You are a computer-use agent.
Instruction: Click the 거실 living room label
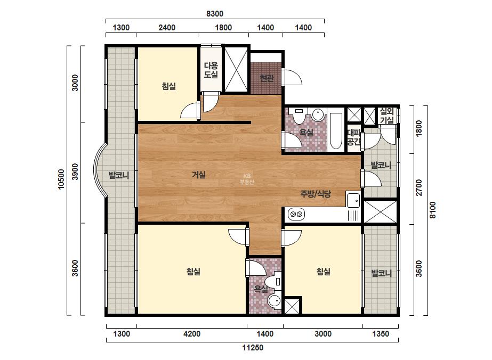click(x=199, y=174)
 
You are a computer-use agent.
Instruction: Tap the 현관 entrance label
click(x=267, y=78)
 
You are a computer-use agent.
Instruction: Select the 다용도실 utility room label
click(x=211, y=70)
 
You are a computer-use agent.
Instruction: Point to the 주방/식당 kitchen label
click(x=316, y=194)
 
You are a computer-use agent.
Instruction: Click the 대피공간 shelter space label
click(x=354, y=137)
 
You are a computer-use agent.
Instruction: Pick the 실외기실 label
click(x=386, y=116)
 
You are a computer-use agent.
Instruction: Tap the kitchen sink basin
click(x=353, y=200)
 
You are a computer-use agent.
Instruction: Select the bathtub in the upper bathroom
click(x=336, y=131)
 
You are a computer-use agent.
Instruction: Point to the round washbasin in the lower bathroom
click(x=274, y=301)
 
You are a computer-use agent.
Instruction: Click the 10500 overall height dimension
click(x=61, y=179)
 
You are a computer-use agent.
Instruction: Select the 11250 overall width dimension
click(x=253, y=347)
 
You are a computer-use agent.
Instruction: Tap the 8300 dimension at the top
click(x=215, y=14)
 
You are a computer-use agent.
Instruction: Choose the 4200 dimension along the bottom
click(x=192, y=334)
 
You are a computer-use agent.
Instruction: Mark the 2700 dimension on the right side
click(x=418, y=188)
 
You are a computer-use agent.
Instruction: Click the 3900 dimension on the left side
click(x=75, y=171)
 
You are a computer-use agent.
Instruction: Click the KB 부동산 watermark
click(x=247, y=179)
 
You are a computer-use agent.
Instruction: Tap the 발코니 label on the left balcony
click(x=119, y=175)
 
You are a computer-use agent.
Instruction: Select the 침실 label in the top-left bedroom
click(x=169, y=86)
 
